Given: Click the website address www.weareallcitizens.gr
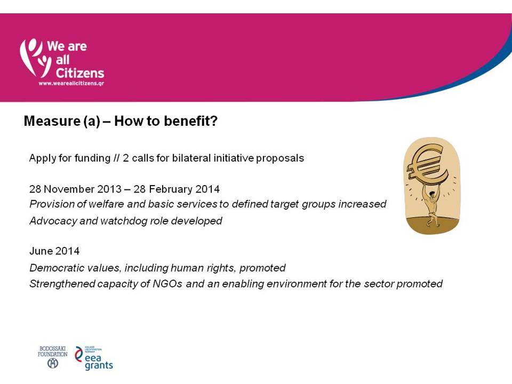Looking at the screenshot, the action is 71,83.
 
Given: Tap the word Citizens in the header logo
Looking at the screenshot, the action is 80,73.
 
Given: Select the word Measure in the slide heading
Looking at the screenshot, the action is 52,121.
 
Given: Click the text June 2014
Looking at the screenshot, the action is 54,251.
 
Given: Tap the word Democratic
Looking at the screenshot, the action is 52,268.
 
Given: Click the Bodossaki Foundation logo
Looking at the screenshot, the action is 53,357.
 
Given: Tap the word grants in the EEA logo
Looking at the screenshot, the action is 99,366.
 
